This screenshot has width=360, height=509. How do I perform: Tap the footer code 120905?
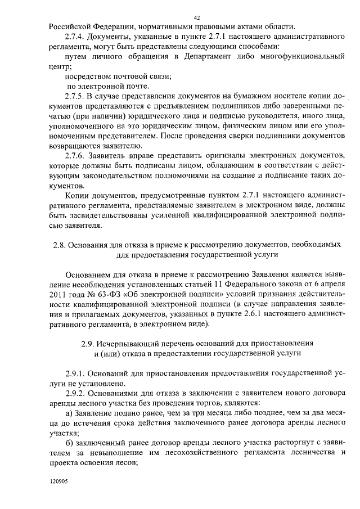58,482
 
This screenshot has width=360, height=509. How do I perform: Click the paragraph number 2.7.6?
76,155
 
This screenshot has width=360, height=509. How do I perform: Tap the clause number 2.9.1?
79,373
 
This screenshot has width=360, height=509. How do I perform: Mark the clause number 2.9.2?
79,393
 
